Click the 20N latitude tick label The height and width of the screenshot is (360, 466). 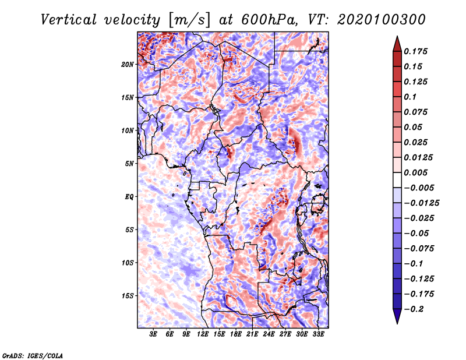128,65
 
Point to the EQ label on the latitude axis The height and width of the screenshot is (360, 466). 129,197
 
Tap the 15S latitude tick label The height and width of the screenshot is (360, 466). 128,296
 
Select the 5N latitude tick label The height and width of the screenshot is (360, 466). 129,164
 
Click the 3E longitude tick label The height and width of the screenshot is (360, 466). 153,334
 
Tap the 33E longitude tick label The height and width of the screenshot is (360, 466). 318,334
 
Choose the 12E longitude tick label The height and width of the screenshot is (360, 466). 203,334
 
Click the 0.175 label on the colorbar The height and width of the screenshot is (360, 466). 415,51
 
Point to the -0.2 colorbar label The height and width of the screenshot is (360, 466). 414,309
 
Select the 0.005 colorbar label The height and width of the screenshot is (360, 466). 415,172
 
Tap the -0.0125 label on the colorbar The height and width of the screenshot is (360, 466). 421,203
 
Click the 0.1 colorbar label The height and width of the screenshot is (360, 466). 410,97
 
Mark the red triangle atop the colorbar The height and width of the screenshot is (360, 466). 397,44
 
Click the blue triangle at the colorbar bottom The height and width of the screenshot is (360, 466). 397,316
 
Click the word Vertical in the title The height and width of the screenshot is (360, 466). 69,20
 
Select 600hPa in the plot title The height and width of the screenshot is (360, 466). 269,20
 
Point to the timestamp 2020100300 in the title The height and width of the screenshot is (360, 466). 382,20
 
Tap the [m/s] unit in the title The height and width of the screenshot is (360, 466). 189,20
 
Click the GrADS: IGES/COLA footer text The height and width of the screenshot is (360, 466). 33,356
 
